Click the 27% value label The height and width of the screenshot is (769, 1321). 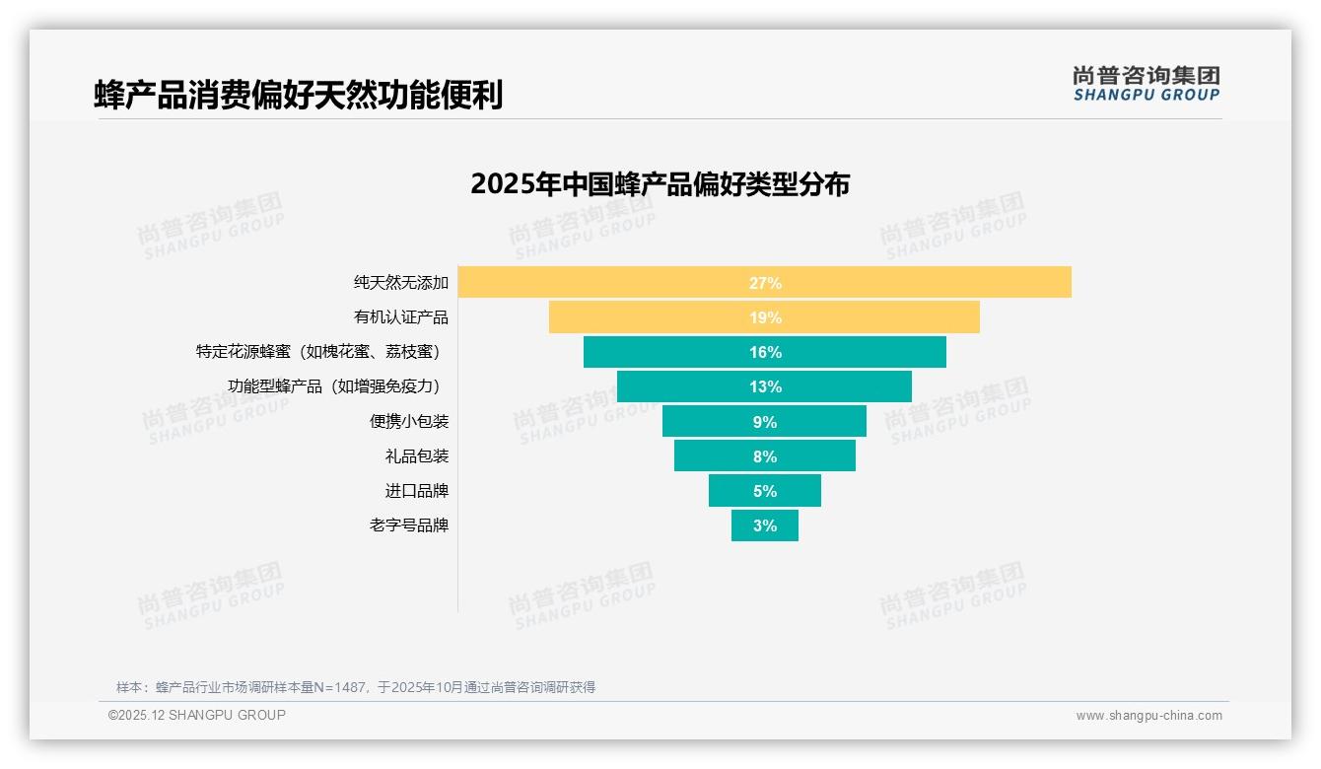click(x=765, y=283)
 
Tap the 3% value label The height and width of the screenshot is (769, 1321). click(x=765, y=525)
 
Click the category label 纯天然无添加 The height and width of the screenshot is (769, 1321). click(x=401, y=283)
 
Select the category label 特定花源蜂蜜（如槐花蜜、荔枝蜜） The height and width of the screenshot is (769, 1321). click(x=317, y=352)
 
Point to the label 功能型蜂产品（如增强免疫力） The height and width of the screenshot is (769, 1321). click(x=333, y=386)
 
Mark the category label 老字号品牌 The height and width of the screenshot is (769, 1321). click(x=409, y=525)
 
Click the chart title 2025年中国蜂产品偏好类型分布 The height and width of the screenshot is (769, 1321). click(x=660, y=184)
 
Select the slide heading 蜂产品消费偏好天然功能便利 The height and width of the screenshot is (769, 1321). click(x=298, y=95)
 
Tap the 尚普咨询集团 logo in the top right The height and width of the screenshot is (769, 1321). click(x=1146, y=84)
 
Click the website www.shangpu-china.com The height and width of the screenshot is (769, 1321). click(x=1148, y=716)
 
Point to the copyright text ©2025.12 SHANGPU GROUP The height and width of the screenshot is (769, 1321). click(x=197, y=715)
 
